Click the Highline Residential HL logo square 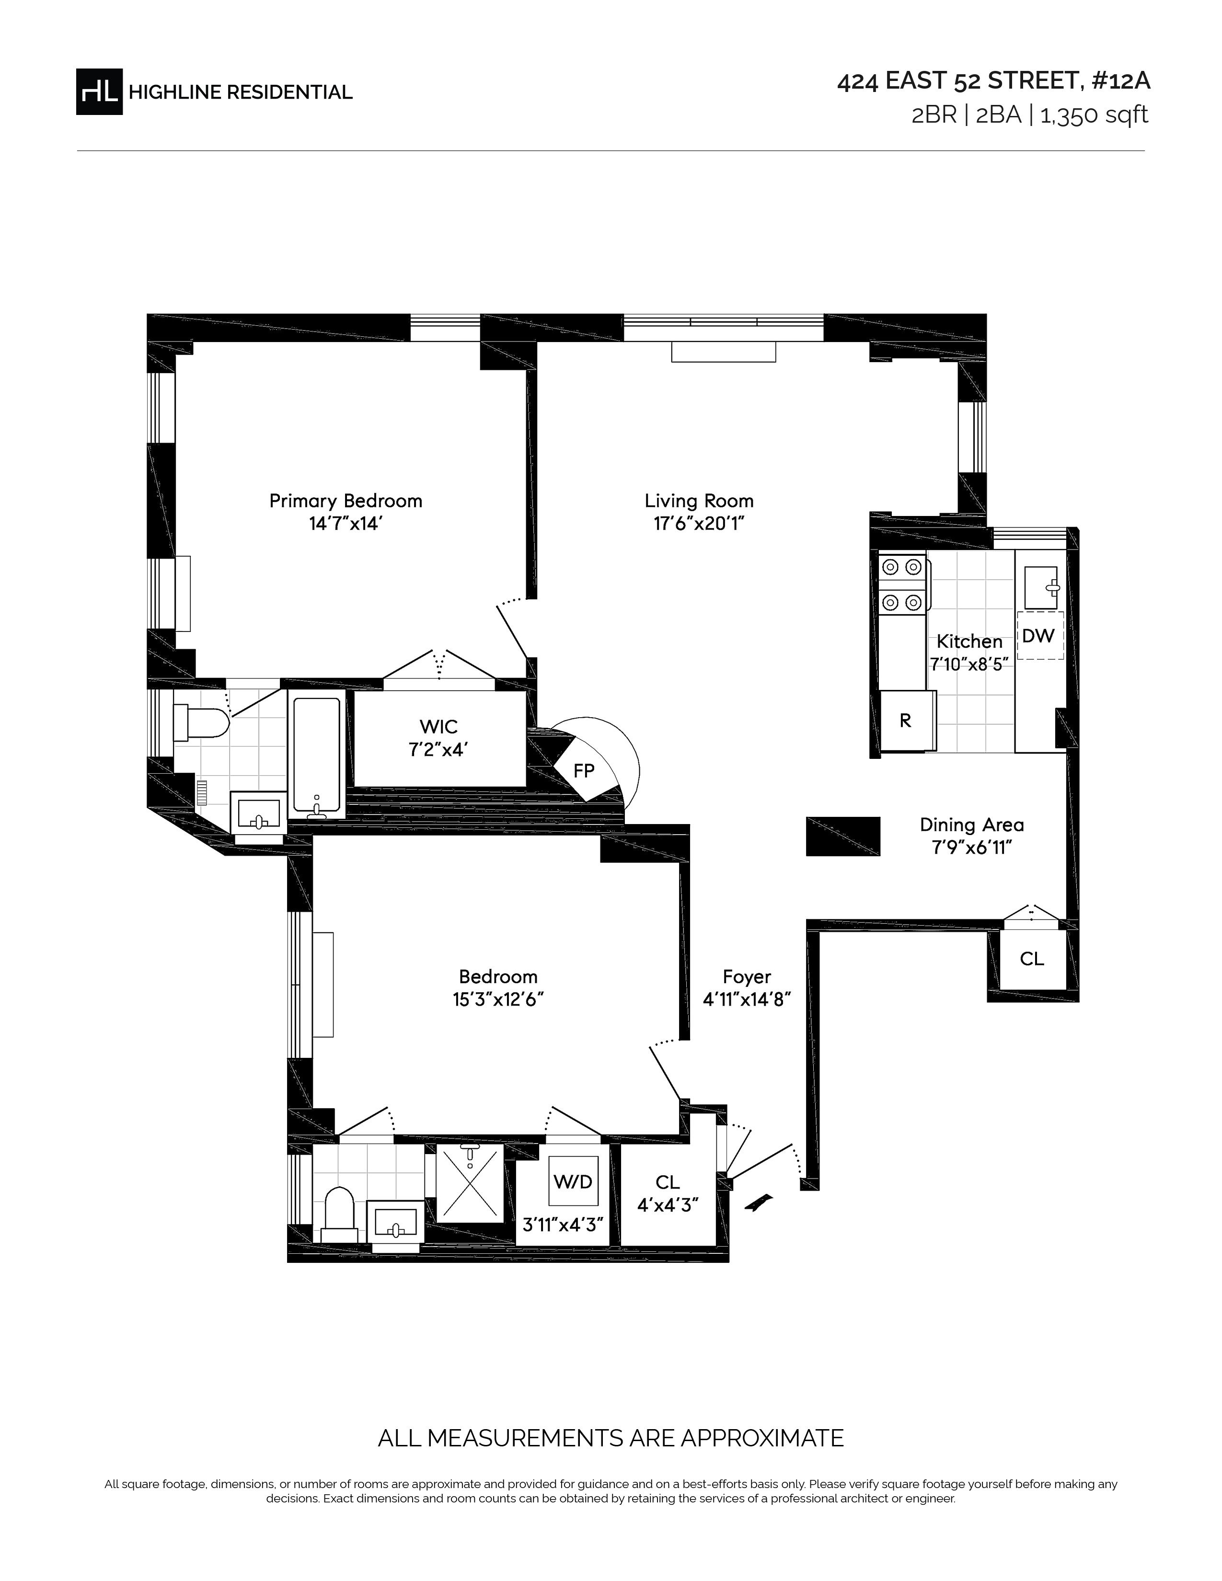click(99, 91)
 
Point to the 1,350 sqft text click(1094, 115)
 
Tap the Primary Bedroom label click(346, 501)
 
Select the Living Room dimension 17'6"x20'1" click(699, 523)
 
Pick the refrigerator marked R click(907, 720)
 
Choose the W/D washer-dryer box click(573, 1181)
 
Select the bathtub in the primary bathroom click(316, 754)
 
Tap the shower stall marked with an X click(469, 1182)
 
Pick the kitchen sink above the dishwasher click(1041, 588)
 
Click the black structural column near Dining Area click(843, 837)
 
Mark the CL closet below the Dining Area click(1032, 959)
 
